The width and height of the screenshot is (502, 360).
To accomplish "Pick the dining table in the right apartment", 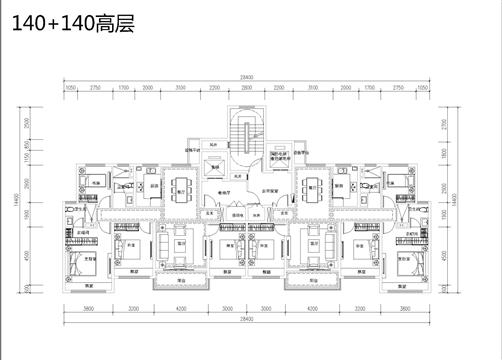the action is click(312, 188).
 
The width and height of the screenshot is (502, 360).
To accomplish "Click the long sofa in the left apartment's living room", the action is click(164, 246).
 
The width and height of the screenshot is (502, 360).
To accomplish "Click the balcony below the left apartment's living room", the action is click(181, 281).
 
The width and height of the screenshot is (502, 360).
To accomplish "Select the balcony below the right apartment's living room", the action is click(312, 281).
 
